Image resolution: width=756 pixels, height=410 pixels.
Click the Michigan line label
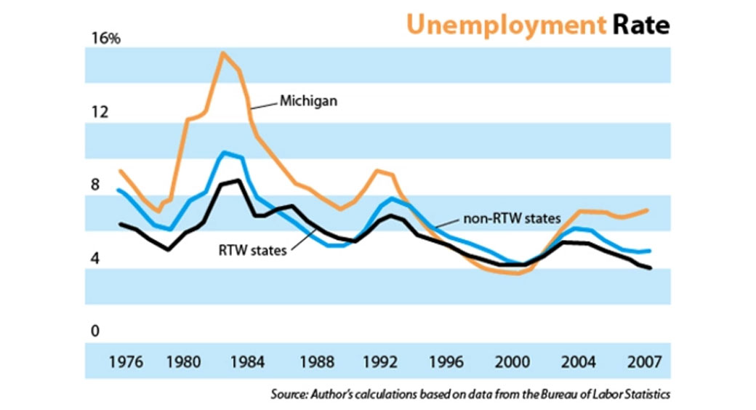pos(308,102)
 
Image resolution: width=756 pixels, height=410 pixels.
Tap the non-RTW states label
pos(513,218)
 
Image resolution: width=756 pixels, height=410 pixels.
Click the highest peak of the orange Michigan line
pos(222,53)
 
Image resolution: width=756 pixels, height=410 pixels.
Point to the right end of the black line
pos(650,268)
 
